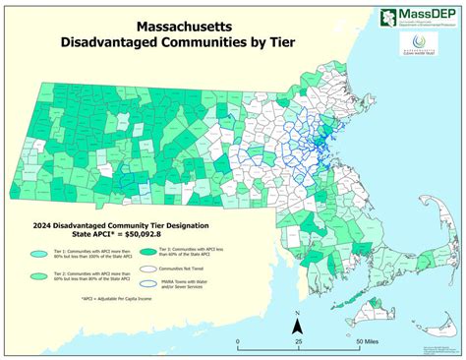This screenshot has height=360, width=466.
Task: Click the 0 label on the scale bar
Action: pyautogui.click(x=237, y=342)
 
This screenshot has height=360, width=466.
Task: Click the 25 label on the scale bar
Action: pyautogui.click(x=298, y=342)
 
